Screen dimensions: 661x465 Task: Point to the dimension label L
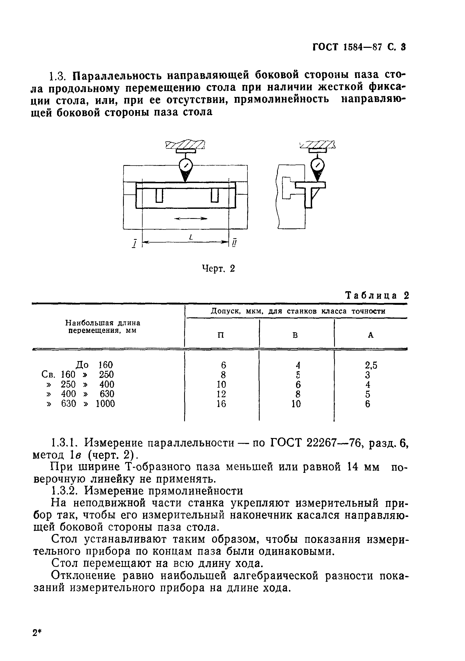pyautogui.click(x=191, y=237)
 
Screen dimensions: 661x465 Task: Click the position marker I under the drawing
pyautogui.click(x=134, y=243)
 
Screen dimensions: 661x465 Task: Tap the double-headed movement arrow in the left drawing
pyautogui.click(x=191, y=219)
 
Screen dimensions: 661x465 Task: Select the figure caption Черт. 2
pyautogui.click(x=218, y=269)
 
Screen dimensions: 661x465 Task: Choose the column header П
pyautogui.click(x=221, y=335)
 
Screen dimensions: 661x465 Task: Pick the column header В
pyautogui.click(x=295, y=335)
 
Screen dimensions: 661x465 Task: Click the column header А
pyautogui.click(x=371, y=335)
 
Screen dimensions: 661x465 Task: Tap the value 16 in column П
pyautogui.click(x=221, y=404)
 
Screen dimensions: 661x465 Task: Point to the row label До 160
pyautogui.click(x=94, y=365)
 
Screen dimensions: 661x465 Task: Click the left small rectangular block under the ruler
pyautogui.click(x=159, y=195)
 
